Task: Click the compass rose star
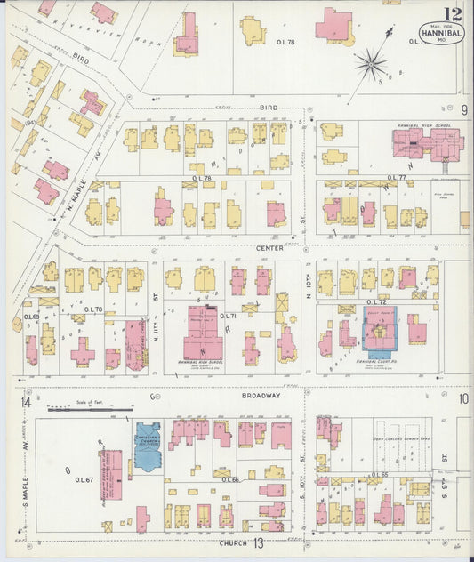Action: coord(369,63)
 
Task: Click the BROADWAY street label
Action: coord(260,396)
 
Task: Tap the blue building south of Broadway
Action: coord(147,446)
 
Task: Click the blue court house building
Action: coord(380,332)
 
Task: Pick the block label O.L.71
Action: coord(228,316)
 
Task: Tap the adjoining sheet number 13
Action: coord(257,543)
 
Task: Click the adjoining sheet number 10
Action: coord(463,398)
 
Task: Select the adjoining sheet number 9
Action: coord(463,108)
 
